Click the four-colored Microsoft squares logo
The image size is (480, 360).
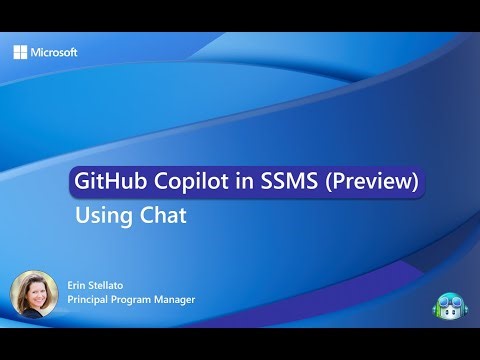coord(20,52)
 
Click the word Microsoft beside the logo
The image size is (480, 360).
coord(54,52)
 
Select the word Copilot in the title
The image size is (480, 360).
coord(183,182)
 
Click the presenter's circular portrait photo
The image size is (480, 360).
coord(32,291)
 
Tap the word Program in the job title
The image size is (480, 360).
coord(138,300)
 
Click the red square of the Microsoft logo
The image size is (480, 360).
coord(16,48)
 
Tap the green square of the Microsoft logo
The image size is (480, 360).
coord(24,48)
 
